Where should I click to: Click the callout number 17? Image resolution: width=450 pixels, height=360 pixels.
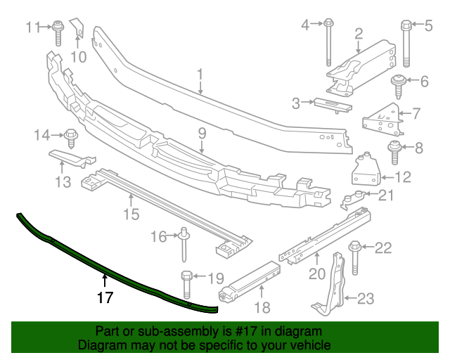(x=105, y=297)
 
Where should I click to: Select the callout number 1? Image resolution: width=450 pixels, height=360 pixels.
(x=200, y=73)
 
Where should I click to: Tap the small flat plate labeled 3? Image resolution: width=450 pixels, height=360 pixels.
(x=332, y=103)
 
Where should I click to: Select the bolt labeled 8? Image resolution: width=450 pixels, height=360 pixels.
(x=201, y=131)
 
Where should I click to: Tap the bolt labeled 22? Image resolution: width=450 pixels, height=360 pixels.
(x=366, y=300)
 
